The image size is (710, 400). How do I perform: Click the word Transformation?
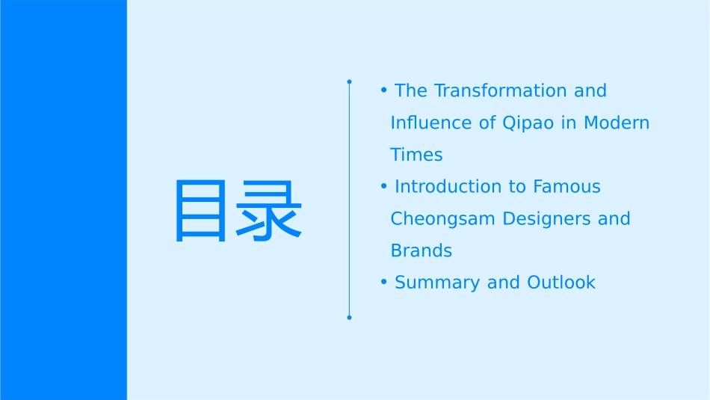(x=500, y=90)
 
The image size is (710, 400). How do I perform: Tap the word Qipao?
(x=528, y=123)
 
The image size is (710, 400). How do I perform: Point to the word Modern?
(x=617, y=123)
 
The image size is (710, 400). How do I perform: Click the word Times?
(x=416, y=155)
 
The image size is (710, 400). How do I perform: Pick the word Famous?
(x=567, y=187)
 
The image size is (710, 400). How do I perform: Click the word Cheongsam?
(x=443, y=219)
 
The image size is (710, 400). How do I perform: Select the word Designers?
(x=546, y=219)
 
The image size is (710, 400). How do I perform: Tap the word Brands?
(x=421, y=251)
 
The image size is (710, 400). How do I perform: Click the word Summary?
(x=437, y=283)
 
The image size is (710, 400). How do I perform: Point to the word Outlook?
(x=561, y=283)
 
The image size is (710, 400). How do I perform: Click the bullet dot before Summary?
(x=384, y=282)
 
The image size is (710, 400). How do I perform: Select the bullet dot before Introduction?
(x=384, y=185)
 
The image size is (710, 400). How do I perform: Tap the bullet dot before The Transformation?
(x=384, y=90)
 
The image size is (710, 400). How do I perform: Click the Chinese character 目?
(x=200, y=211)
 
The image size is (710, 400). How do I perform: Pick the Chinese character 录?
(x=268, y=211)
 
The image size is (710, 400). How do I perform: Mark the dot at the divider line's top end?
(x=349, y=82)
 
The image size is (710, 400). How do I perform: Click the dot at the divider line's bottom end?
(x=349, y=318)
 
